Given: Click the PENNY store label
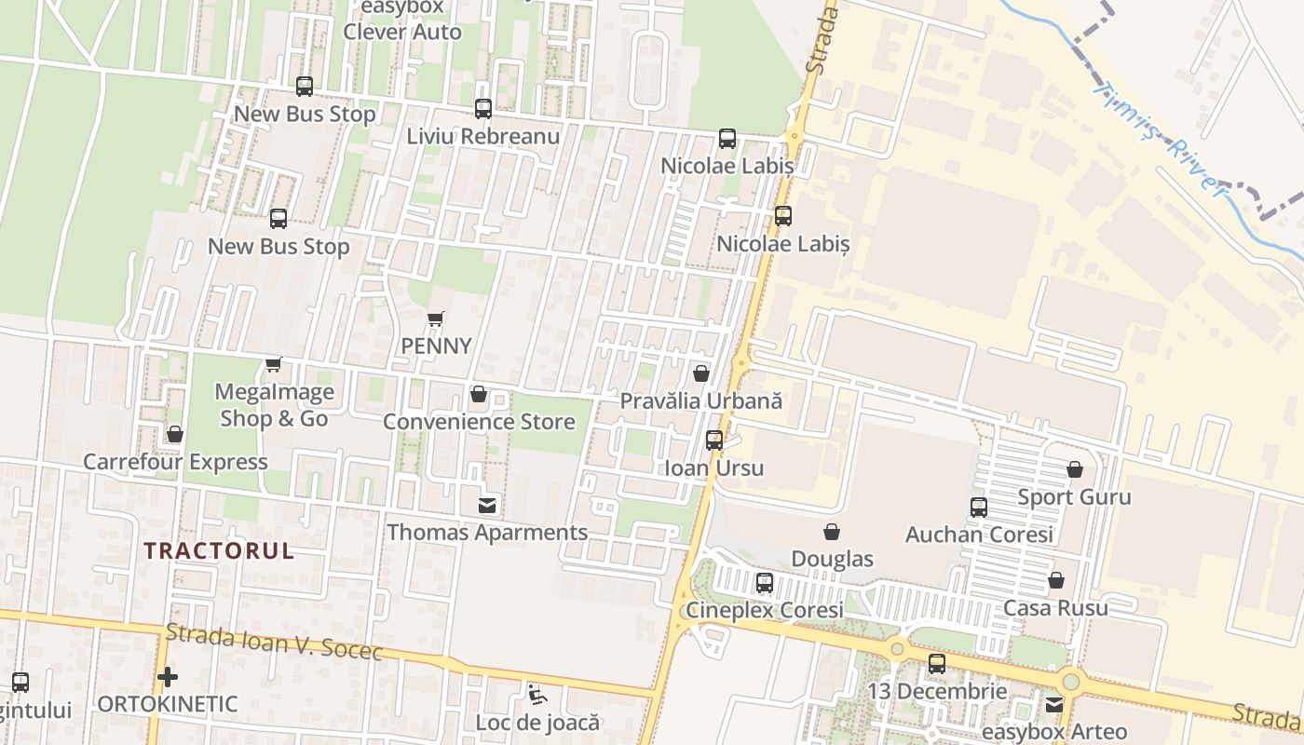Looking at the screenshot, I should pos(436,345).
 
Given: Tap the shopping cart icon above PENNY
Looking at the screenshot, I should pos(435,319).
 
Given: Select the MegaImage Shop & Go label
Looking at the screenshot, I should pos(274,405).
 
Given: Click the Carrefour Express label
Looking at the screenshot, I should pos(175,462).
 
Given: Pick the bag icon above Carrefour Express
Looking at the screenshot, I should pos(175,434).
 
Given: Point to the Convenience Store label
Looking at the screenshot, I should pos(479,422).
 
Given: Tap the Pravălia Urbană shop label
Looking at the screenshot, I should pos(701,401).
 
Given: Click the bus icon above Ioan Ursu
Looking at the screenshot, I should pos(714,440).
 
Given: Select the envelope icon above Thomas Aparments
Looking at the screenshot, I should pos(487,506).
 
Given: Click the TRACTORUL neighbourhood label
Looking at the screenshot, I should pos(219,550).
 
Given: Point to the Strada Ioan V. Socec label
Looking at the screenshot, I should pos(274,643).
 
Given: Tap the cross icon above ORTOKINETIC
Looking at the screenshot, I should pos(168,677).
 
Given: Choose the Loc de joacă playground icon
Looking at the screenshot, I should pos(536,695).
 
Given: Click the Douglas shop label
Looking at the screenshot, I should pos(832,559).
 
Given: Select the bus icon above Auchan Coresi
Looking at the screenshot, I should pos(979,508).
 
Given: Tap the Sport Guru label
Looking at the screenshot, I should pos(1074,496).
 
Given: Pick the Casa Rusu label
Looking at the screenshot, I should pos(1055,608).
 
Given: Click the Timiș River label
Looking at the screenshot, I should pos(1159,139).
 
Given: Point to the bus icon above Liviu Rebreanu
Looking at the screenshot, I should pos(482,109).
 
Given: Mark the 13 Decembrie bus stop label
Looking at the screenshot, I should pos(937,691).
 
